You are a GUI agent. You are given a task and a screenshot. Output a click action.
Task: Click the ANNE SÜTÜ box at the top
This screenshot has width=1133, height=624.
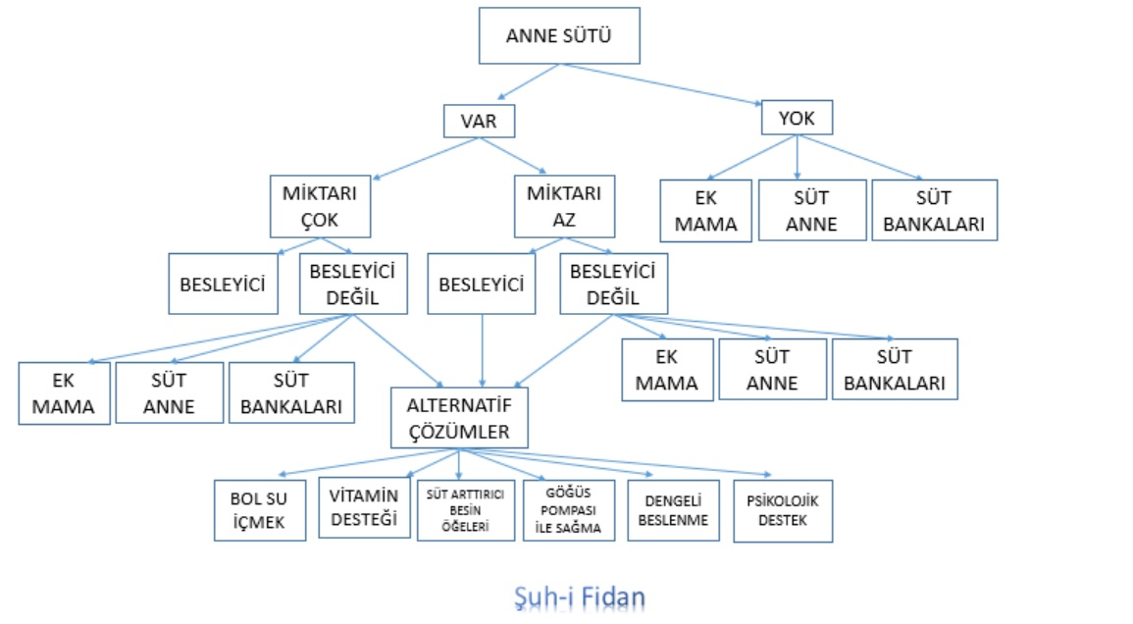(x=559, y=36)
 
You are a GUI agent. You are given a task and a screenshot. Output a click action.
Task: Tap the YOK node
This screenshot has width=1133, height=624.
(x=796, y=118)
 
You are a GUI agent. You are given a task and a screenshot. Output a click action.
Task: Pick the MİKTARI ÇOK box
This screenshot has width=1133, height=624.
(x=321, y=206)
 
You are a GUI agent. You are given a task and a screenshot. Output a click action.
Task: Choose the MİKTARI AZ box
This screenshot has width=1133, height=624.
(x=564, y=206)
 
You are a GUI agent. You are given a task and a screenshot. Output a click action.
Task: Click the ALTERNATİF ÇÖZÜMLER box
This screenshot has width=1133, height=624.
(x=459, y=417)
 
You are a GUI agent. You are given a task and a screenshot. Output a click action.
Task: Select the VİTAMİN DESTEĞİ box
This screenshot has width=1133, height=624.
(x=365, y=508)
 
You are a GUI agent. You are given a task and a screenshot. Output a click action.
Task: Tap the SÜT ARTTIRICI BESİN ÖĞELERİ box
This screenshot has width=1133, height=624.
(x=465, y=510)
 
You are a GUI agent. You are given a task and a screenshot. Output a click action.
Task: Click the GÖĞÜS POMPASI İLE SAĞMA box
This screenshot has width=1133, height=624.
(x=568, y=510)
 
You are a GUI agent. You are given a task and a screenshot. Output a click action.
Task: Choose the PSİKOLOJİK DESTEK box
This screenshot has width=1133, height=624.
(x=783, y=510)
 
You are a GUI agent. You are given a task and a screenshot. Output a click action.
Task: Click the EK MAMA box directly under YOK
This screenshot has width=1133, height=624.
(x=706, y=211)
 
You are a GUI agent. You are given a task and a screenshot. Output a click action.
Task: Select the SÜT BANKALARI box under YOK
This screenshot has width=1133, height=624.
(x=934, y=211)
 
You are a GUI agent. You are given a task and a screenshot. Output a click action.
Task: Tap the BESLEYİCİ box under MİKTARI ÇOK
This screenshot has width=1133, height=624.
(x=223, y=285)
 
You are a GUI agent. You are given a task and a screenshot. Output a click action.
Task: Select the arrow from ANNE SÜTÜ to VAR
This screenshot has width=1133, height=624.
(x=528, y=82)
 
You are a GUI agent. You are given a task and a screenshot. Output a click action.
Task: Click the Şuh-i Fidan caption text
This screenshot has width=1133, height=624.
(x=580, y=596)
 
